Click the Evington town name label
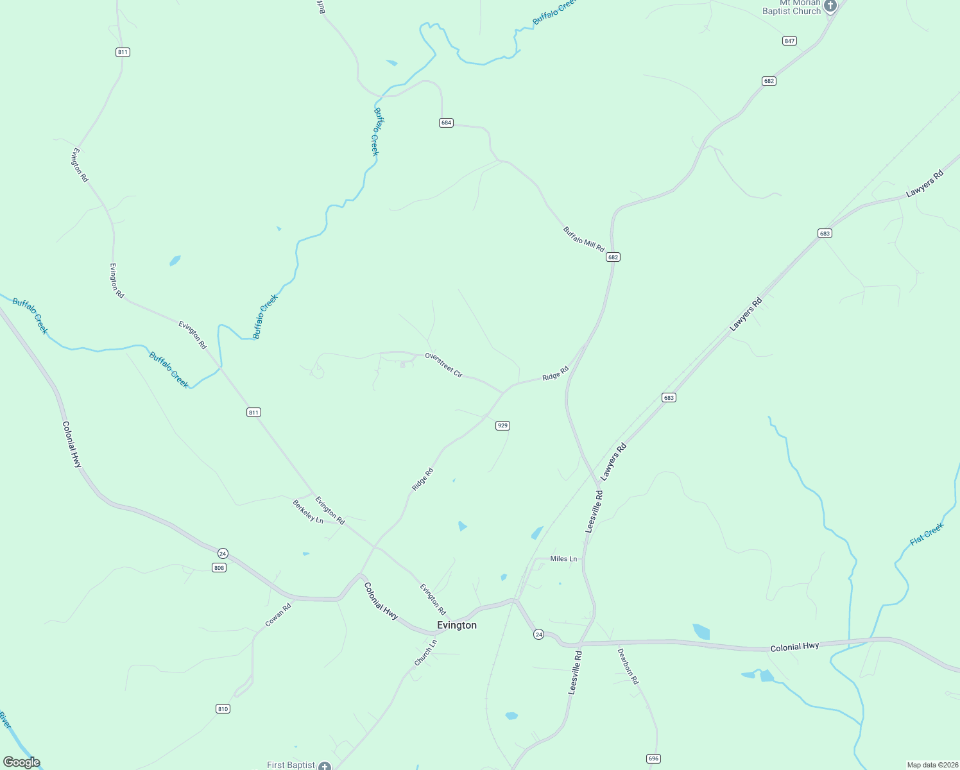456,625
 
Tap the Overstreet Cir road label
443,364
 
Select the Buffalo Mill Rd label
583,239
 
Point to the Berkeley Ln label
308,511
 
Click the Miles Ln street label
563,559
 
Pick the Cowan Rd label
279,615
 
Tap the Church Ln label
425,652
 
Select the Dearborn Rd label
628,666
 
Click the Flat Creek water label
927,534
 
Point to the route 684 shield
446,123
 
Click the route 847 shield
789,40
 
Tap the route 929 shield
502,425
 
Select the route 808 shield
219,568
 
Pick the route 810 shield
222,709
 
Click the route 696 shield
653,758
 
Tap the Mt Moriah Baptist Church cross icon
830,6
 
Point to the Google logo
21,762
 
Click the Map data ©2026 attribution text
931,765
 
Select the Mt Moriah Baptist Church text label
791,8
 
